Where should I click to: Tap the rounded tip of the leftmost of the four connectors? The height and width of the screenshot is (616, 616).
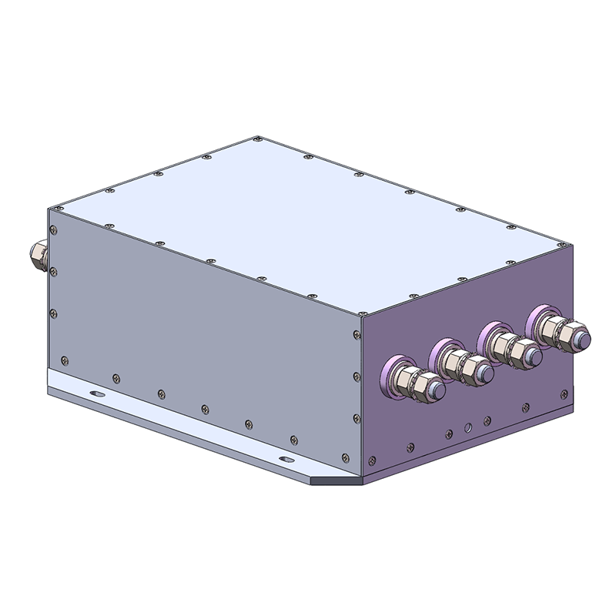click(435, 390)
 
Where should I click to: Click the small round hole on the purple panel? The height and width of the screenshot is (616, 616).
click(467, 426)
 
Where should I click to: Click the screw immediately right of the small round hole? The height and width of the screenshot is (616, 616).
click(487, 420)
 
